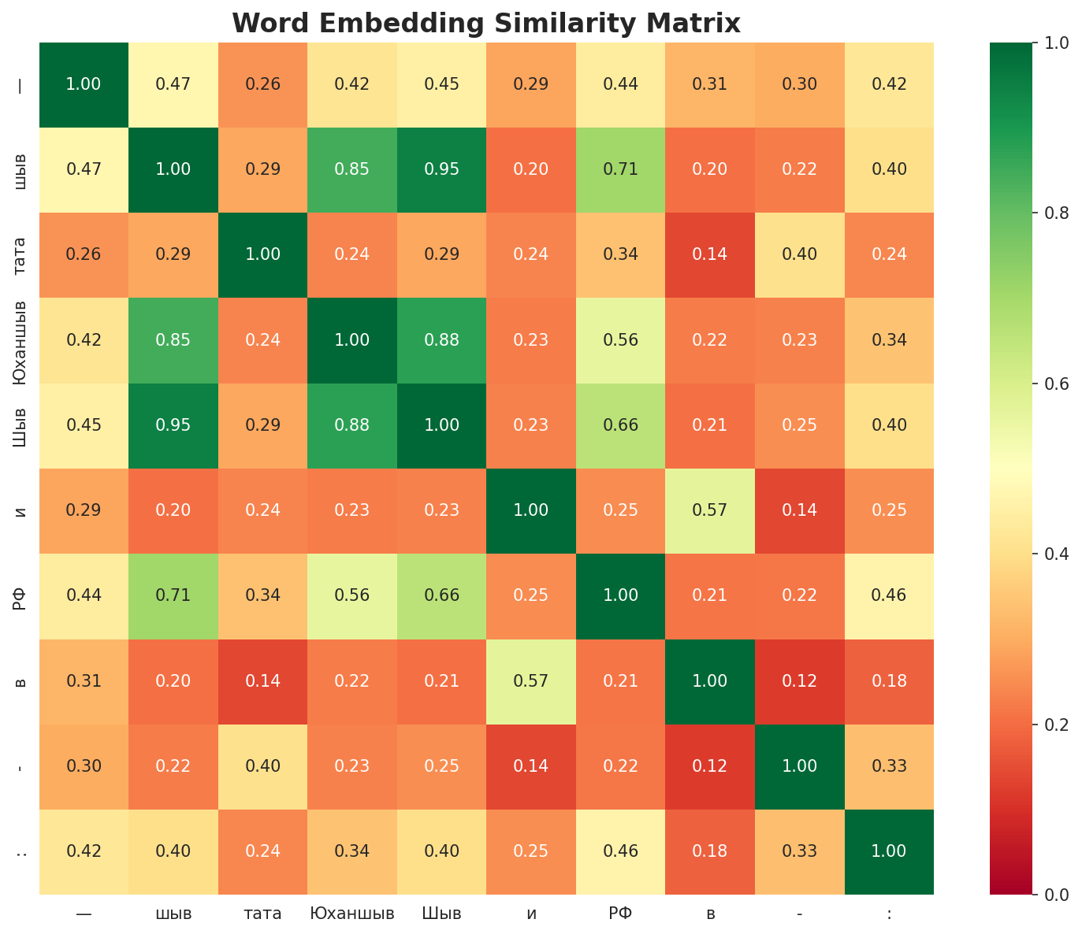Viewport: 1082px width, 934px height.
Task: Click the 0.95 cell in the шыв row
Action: click(442, 169)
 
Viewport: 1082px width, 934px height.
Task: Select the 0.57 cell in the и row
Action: click(711, 510)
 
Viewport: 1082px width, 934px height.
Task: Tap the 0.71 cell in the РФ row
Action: click(173, 595)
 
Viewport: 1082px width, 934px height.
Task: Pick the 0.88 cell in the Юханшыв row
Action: click(442, 340)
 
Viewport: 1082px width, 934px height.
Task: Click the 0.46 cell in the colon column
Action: click(889, 595)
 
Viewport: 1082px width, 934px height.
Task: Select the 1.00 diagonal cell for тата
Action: click(263, 254)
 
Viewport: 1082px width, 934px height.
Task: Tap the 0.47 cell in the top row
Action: click(173, 84)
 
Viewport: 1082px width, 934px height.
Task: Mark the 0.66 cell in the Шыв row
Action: click(621, 425)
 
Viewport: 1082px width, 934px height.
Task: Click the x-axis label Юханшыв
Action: click(352, 914)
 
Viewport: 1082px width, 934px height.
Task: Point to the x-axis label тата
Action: click(263, 914)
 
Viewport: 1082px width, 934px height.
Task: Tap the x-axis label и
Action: click(532, 914)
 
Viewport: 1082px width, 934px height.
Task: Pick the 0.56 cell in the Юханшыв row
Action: click(621, 340)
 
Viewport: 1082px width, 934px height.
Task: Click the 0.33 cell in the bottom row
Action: click(800, 851)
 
